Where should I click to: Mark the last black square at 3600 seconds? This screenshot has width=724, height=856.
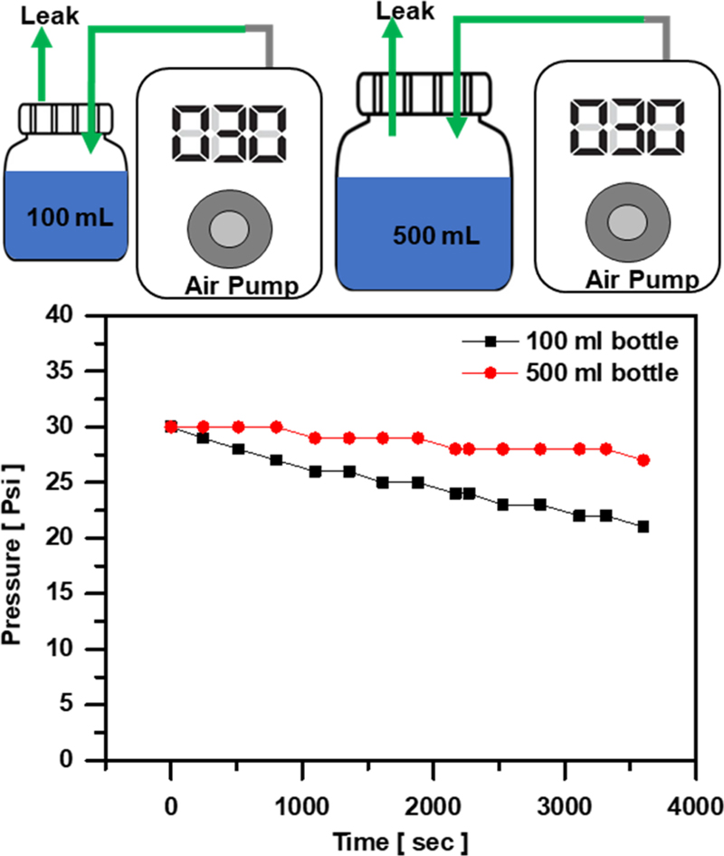(x=643, y=526)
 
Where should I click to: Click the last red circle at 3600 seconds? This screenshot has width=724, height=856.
(x=643, y=460)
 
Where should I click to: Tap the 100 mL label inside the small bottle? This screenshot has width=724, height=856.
(x=63, y=217)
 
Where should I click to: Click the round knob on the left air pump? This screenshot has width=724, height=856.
(x=227, y=230)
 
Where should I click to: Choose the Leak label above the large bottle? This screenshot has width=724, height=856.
(x=405, y=12)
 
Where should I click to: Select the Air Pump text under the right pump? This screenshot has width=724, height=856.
(x=643, y=279)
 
